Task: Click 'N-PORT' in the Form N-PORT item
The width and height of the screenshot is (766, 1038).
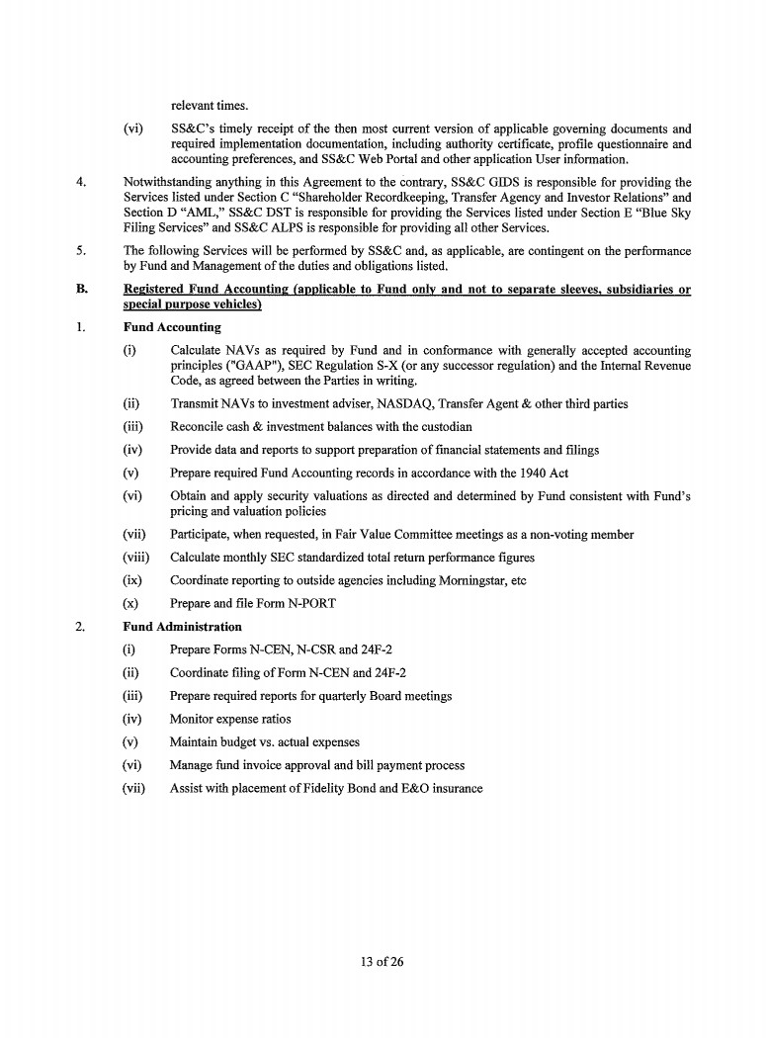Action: [284, 603]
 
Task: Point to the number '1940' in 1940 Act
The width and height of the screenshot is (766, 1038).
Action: [532, 473]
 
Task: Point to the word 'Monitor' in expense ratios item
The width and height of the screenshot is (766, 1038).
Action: [192, 719]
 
